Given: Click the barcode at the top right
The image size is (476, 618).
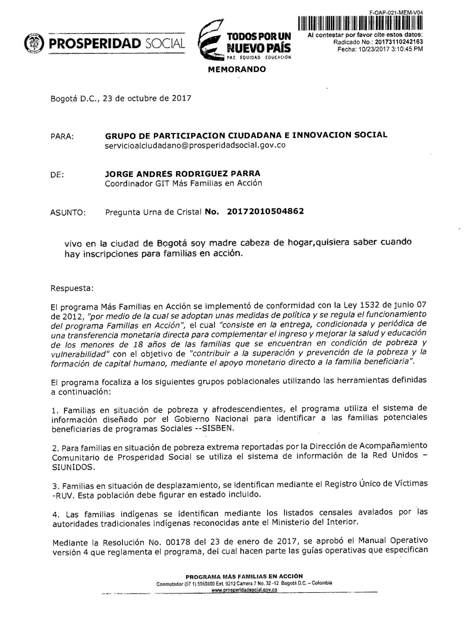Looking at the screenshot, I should [x=360, y=23].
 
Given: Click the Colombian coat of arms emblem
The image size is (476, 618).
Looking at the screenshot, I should [x=34, y=43].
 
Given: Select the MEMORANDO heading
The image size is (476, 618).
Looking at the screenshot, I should [x=237, y=69].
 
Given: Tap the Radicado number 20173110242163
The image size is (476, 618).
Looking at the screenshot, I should [x=399, y=42].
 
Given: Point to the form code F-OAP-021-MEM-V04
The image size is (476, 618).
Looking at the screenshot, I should [x=396, y=13].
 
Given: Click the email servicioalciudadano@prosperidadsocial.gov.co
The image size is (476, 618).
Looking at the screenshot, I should [x=195, y=145].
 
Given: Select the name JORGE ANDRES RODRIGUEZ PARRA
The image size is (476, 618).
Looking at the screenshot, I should [x=182, y=174].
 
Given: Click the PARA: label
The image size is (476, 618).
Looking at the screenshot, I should [x=62, y=137].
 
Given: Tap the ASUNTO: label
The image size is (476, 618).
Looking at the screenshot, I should [x=68, y=213].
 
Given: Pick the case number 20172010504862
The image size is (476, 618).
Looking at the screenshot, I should [x=265, y=211].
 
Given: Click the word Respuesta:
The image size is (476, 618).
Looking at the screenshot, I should [x=72, y=288].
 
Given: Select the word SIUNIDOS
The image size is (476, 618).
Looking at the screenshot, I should [x=73, y=467].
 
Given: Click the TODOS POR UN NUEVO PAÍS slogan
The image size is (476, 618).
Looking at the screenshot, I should [x=258, y=42].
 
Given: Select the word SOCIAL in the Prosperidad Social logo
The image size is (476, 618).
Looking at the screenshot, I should [x=165, y=43].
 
